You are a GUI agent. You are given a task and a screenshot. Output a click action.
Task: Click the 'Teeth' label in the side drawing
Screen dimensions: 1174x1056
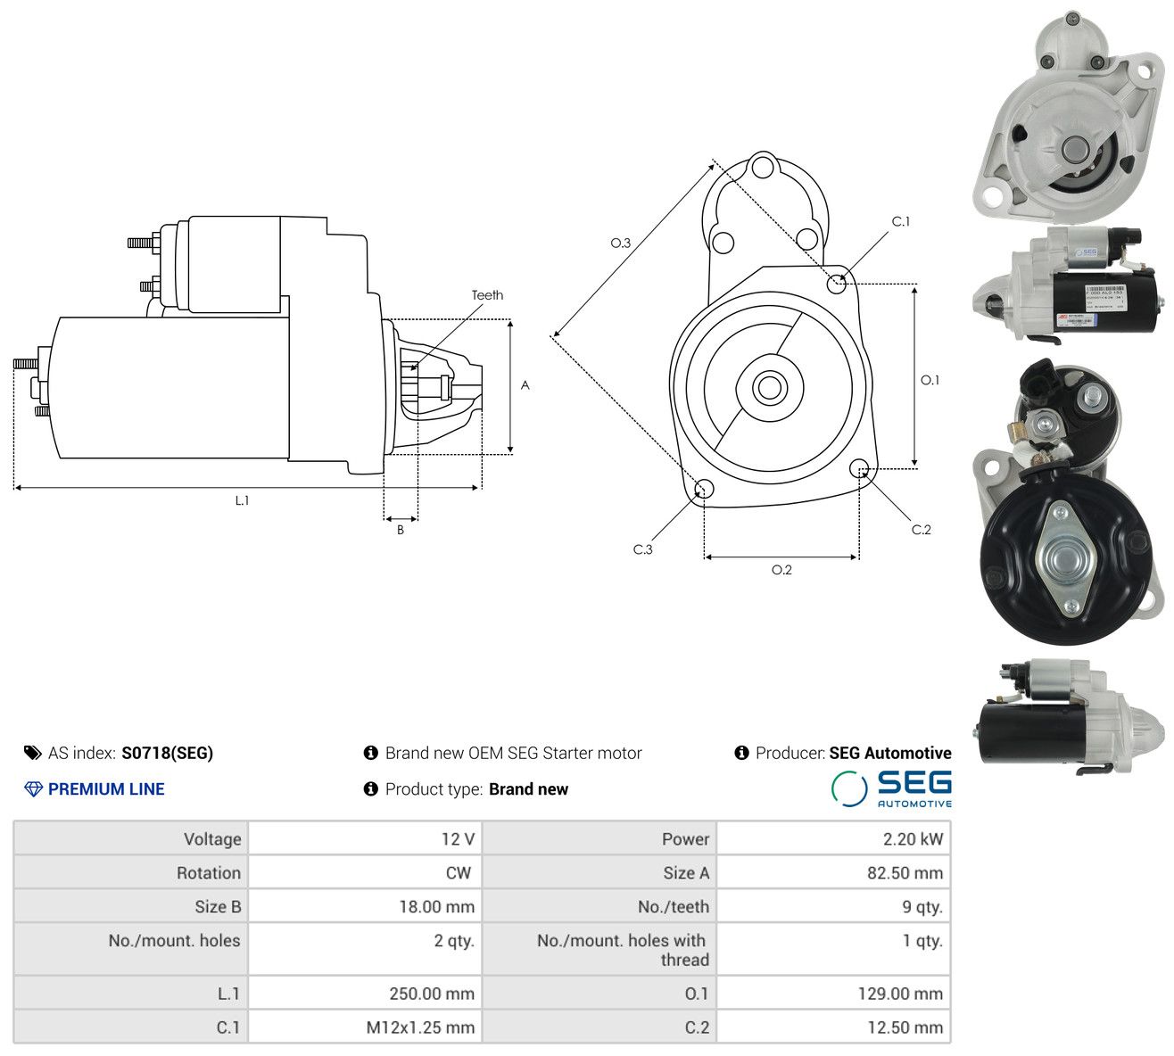pos(487,295)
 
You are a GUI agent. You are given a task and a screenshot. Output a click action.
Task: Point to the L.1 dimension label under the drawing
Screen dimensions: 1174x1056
pos(243,500)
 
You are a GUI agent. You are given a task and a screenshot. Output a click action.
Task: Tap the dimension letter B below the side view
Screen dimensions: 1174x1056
pos(401,530)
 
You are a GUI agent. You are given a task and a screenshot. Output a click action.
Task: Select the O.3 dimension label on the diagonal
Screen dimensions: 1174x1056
pos(620,243)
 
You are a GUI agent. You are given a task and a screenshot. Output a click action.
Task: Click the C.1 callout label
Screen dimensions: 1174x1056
pos(901,222)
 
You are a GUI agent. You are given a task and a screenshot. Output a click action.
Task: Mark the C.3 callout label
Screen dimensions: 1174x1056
pos(642,549)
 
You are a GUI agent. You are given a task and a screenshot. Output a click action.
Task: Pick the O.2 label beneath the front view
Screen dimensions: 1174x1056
pos(781,570)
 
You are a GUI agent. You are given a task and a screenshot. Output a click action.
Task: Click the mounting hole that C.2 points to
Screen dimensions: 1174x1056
pos(858,468)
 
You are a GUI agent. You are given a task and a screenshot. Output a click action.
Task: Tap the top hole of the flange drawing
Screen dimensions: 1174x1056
pos(762,166)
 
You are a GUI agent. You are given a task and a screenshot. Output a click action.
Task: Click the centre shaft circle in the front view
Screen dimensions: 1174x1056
pos(769,387)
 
